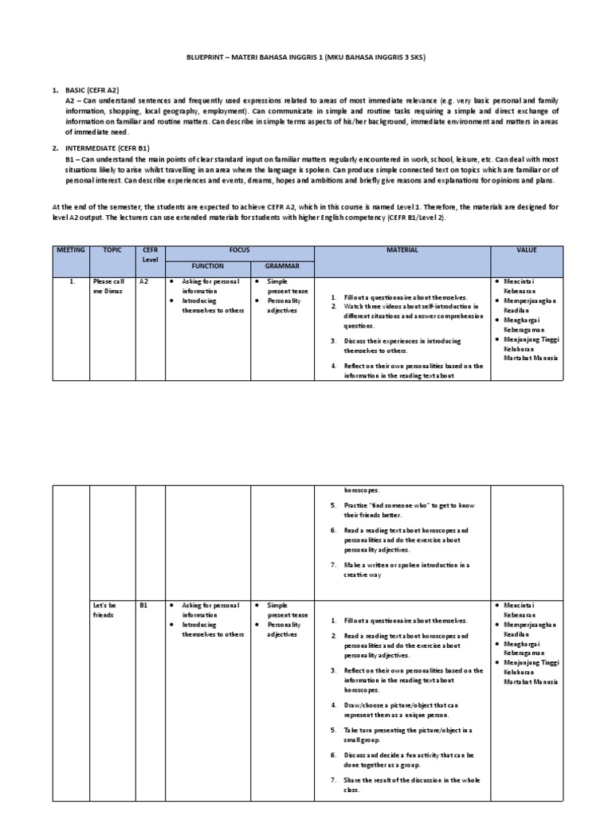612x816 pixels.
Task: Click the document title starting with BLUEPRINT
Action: [x=305, y=57]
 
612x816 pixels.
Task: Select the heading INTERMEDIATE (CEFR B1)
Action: [x=112, y=148]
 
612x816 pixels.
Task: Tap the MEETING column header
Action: [x=70, y=250]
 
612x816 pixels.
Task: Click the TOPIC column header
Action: [x=112, y=250]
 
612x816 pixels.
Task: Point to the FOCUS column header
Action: [x=239, y=250]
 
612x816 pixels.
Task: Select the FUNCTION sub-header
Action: [x=207, y=266]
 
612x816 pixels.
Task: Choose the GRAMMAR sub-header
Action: [x=282, y=266]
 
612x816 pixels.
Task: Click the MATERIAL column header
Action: [x=402, y=250]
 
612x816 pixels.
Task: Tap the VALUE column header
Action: [x=527, y=250]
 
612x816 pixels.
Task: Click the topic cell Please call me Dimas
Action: [x=109, y=287]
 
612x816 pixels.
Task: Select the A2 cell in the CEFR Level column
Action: [x=144, y=282]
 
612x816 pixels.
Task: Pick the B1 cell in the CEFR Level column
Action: [x=144, y=606]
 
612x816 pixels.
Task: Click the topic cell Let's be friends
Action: [x=104, y=610]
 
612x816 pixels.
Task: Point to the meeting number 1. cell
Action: [x=71, y=282]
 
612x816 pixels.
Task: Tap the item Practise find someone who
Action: [x=406, y=510]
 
